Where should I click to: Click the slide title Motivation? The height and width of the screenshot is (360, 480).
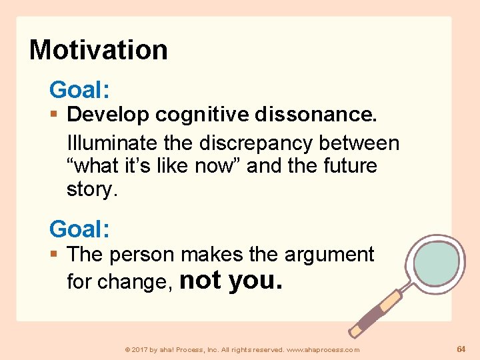(x=99, y=50)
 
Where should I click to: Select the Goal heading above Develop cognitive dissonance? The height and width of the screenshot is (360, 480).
(x=79, y=89)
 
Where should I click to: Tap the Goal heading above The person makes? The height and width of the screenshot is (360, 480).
(x=79, y=229)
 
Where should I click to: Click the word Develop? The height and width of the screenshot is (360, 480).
(x=109, y=115)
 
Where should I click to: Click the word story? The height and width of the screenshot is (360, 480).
(x=91, y=189)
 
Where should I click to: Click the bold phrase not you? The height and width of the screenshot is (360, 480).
(x=231, y=280)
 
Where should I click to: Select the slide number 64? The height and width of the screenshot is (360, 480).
(x=461, y=349)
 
